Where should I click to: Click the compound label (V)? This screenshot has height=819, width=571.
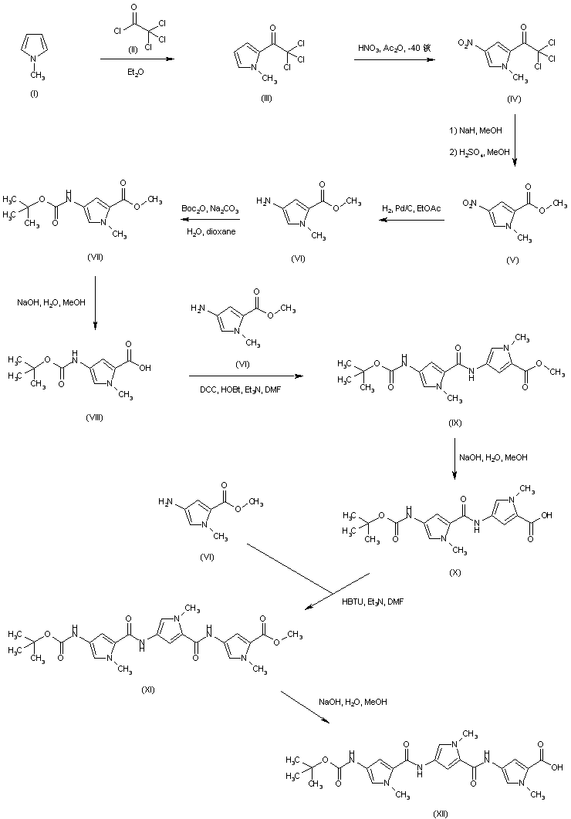point(512,261)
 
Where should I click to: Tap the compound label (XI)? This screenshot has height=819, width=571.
point(148,689)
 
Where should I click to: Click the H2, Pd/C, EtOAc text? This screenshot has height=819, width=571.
point(411,208)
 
